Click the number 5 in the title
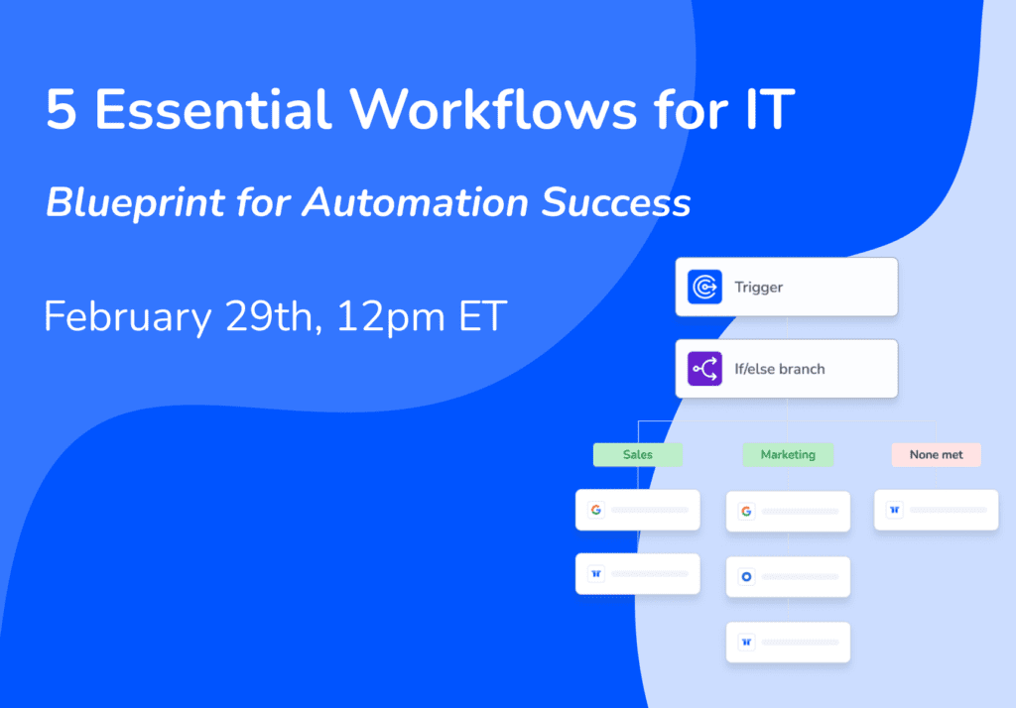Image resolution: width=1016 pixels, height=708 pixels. (62, 109)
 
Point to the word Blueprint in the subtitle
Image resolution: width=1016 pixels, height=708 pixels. (135, 203)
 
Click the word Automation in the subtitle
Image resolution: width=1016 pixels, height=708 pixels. (416, 202)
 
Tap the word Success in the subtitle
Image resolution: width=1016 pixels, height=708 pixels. (616, 202)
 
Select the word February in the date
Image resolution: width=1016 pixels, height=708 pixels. (128, 317)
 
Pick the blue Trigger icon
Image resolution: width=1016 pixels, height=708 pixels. (705, 287)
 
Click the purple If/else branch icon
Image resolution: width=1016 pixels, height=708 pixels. (705, 369)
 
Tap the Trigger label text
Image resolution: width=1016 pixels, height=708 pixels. (758, 287)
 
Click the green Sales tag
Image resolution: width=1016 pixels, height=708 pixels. (638, 455)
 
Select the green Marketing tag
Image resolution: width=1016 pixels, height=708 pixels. (788, 455)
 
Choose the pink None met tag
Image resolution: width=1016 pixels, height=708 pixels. (937, 455)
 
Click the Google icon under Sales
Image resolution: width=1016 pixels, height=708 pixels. (596, 510)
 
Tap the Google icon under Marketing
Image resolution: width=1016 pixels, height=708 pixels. (746, 511)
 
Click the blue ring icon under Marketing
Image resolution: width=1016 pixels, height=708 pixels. (746, 576)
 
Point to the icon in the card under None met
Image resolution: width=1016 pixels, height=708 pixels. (895, 510)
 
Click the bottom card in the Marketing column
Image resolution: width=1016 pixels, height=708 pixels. (788, 642)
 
